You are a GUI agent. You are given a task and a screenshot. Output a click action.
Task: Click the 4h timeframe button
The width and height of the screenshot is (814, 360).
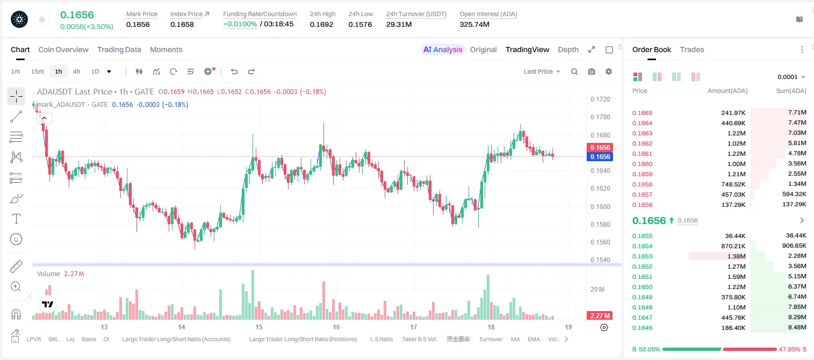pyautogui.click(x=76, y=71)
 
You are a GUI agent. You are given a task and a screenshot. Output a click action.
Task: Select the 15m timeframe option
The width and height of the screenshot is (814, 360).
pyautogui.click(x=38, y=71)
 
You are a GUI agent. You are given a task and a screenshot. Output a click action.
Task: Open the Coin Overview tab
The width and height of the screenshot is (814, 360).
pyautogui.click(x=63, y=49)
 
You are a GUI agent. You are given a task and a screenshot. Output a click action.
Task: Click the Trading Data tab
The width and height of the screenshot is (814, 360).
pyautogui.click(x=119, y=49)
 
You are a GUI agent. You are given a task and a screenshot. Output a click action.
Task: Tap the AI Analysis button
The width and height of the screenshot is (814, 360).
pyautogui.click(x=443, y=49)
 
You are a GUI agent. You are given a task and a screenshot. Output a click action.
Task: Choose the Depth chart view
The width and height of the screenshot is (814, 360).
pyautogui.click(x=568, y=49)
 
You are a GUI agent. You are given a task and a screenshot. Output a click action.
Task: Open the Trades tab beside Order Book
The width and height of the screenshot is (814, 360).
pyautogui.click(x=692, y=49)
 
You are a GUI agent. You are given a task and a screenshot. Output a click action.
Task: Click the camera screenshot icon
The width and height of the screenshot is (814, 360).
pyautogui.click(x=592, y=71)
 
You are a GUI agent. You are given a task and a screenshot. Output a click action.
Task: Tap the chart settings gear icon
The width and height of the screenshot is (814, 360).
pyautogui.click(x=609, y=71)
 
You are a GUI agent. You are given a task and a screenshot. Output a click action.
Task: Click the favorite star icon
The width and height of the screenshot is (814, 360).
pyautogui.click(x=42, y=20)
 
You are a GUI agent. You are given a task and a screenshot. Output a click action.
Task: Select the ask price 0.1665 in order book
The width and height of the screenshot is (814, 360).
pyautogui.click(x=642, y=113)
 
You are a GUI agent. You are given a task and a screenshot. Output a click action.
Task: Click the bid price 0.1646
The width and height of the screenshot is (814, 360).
pyautogui.click(x=642, y=328)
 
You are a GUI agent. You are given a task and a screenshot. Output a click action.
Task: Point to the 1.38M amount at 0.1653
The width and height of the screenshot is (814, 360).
pyautogui.click(x=736, y=256)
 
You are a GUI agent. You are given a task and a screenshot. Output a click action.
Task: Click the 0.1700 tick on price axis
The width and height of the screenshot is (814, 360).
pyautogui.click(x=600, y=117)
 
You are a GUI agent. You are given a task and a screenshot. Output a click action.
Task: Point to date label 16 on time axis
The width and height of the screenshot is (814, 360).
pyautogui.click(x=336, y=327)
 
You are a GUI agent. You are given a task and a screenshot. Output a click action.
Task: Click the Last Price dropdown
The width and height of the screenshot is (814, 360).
pyautogui.click(x=542, y=71)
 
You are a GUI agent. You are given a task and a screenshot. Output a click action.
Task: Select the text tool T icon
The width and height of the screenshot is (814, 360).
pyautogui.click(x=16, y=219)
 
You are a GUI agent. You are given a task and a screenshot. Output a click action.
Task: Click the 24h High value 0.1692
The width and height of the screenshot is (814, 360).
pyautogui.click(x=321, y=24)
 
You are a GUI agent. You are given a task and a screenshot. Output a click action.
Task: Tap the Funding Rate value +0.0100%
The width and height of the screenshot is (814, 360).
pyautogui.click(x=240, y=24)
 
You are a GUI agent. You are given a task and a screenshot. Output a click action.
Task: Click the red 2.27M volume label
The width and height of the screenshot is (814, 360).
pyautogui.click(x=600, y=316)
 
